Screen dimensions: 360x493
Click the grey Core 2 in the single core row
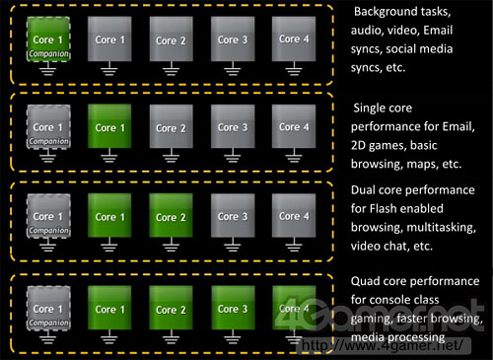171,128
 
